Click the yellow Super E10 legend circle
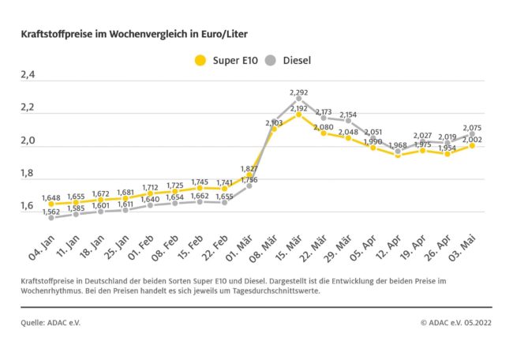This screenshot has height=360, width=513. [200, 60]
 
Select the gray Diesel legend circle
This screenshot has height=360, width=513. [271, 60]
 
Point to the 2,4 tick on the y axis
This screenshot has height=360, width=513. [28, 76]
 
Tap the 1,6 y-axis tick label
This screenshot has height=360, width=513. [28, 206]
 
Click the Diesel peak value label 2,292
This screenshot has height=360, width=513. [299, 92]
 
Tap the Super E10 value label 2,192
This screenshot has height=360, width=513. [299, 108]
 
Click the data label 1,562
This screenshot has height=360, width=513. [52, 211]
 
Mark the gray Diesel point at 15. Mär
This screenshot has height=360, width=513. [299, 99]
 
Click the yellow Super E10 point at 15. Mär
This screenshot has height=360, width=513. [299, 114]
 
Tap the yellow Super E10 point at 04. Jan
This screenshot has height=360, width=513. [52, 204]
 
